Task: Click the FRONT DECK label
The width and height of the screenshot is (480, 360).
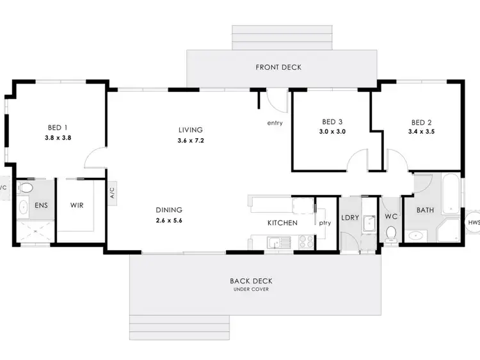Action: click(x=278, y=67)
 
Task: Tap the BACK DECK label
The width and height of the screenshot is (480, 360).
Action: click(x=250, y=281)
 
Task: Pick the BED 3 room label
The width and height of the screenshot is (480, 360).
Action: click(x=333, y=122)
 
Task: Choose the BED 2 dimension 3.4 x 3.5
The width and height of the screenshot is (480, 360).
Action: click(x=421, y=132)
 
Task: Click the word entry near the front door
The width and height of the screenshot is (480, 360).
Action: click(x=276, y=123)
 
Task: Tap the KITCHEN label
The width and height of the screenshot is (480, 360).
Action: click(x=282, y=223)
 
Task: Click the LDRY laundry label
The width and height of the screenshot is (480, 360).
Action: click(x=350, y=217)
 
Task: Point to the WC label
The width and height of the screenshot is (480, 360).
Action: click(x=391, y=217)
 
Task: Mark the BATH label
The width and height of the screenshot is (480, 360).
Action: click(x=426, y=210)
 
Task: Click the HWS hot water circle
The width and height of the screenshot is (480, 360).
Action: click(x=474, y=223)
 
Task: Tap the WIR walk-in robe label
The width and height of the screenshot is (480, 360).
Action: click(x=77, y=206)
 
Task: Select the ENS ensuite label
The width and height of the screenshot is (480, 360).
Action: click(x=41, y=206)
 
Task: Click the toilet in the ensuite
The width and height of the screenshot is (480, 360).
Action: click(x=26, y=188)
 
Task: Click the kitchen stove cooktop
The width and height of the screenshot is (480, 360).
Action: click(x=305, y=242)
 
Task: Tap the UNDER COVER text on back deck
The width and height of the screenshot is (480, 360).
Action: click(x=250, y=290)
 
